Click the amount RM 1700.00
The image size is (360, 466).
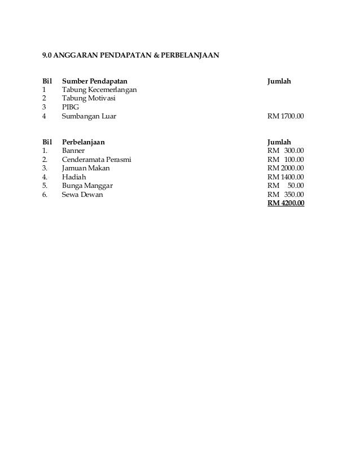286,116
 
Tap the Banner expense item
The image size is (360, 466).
73,151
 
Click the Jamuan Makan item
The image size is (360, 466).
86,168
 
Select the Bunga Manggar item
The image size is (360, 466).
87,186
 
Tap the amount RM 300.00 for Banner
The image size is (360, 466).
286,151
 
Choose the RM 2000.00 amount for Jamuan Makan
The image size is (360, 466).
286,168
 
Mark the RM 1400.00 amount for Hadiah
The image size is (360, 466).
286,177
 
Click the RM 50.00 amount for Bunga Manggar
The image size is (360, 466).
286,186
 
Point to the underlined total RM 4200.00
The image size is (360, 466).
286,203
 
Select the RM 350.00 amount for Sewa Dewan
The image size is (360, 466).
286,194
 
